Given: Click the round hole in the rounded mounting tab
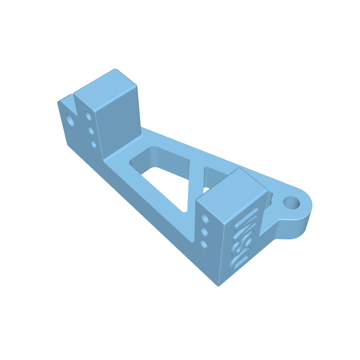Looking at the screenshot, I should (x=292, y=203).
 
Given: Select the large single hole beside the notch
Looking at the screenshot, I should (x=71, y=120).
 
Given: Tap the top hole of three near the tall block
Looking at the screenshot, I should (x=88, y=115).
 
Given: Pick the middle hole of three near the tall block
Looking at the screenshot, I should (x=91, y=130).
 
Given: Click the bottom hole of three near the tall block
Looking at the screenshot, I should (x=93, y=144).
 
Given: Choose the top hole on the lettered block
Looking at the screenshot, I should (x=205, y=219).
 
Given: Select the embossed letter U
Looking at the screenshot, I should (x=236, y=260).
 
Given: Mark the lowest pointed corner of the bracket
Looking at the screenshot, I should (x=218, y=285).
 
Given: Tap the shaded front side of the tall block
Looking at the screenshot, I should (x=118, y=126).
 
